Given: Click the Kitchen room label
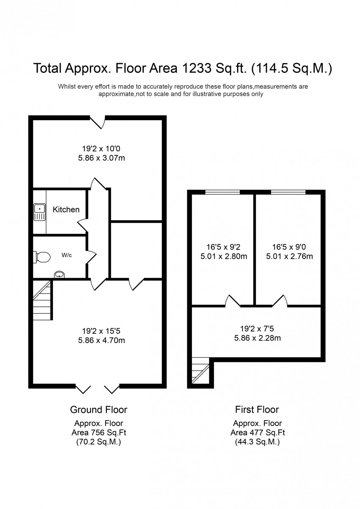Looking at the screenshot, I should pyautogui.click(x=66, y=209).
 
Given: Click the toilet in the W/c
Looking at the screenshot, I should pyautogui.click(x=42, y=256).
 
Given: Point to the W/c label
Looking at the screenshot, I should pyautogui.click(x=67, y=255).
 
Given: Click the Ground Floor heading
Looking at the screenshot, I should pyautogui.click(x=98, y=409).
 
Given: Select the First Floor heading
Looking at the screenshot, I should pyautogui.click(x=257, y=409).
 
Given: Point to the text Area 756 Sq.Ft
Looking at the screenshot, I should pyautogui.click(x=98, y=433).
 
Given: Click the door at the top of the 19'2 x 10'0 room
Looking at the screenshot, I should pyautogui.click(x=98, y=122).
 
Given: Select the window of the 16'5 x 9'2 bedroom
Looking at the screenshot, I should pyautogui.click(x=222, y=193).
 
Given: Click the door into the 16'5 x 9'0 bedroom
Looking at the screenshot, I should pyautogui.click(x=280, y=302).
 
